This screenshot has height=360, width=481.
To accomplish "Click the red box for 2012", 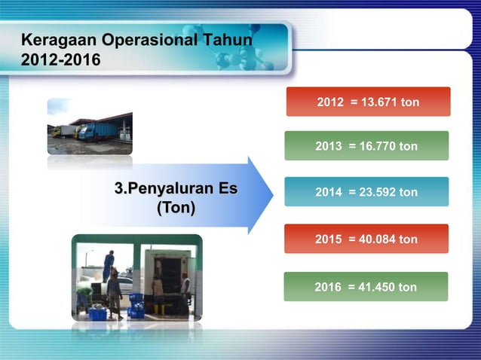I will [x=368, y=102].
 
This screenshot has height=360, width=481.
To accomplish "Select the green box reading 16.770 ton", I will [x=366, y=146].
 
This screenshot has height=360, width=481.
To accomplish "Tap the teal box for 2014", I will [x=366, y=192].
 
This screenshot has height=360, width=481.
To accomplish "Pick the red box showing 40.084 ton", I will [x=366, y=239].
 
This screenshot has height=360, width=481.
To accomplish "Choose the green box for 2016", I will [x=366, y=287].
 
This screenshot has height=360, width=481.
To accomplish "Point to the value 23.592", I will [x=380, y=193].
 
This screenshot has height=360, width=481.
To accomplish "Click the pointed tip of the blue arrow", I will [x=272, y=196].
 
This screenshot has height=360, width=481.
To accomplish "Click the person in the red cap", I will [x=185, y=290].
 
